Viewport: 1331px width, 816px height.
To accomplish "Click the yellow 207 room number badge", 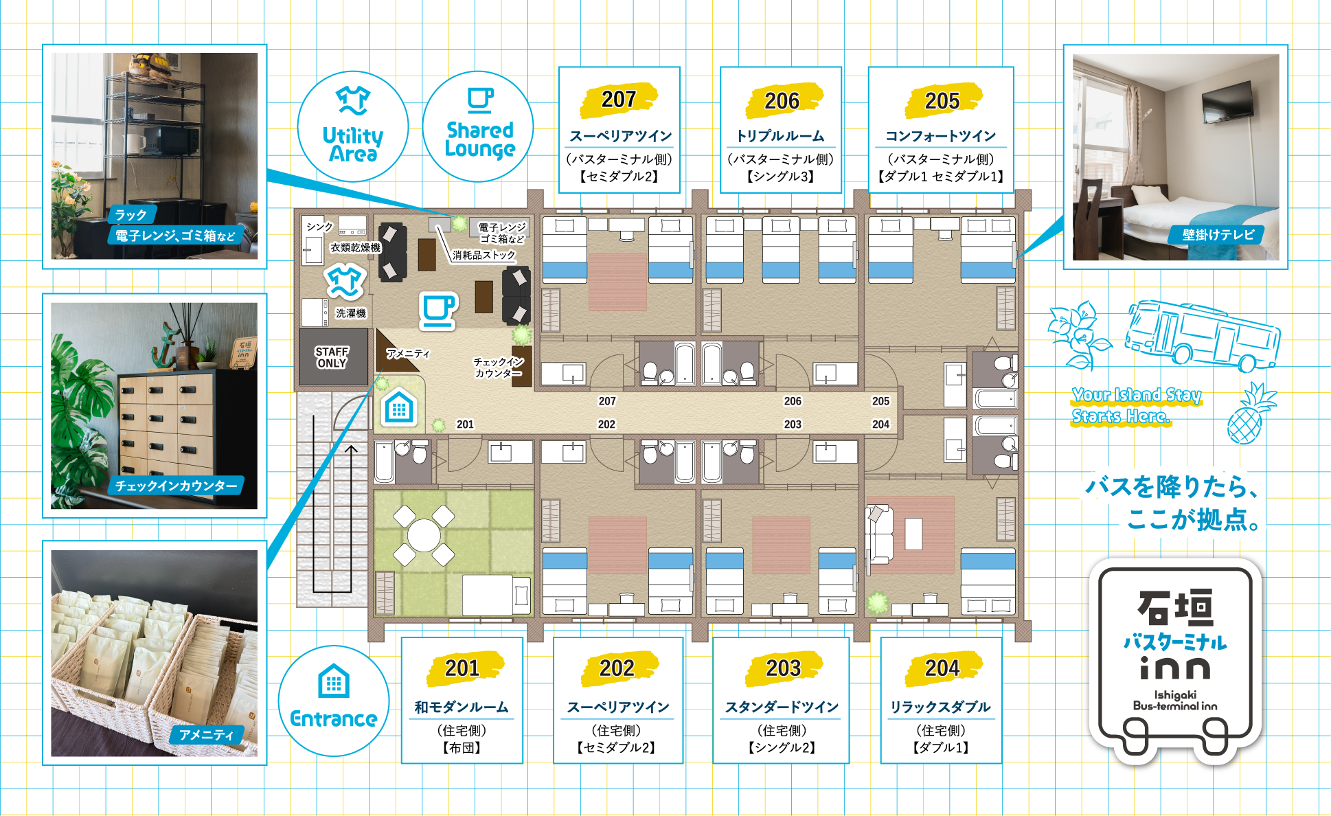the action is click(619, 100).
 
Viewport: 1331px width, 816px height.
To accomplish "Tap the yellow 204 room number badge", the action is click(942, 668).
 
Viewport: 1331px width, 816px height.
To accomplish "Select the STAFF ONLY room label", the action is click(332, 357).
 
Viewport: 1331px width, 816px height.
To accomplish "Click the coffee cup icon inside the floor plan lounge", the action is click(438, 310).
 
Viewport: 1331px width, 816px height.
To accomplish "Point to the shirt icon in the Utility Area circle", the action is click(353, 100).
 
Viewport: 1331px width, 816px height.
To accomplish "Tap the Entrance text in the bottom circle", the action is click(334, 718).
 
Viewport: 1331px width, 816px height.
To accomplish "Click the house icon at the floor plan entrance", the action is click(399, 408).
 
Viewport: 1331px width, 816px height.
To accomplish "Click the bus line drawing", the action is click(1202, 335).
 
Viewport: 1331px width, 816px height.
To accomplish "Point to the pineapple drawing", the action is click(1250, 415).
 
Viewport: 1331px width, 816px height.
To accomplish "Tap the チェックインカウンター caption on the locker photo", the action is click(176, 486).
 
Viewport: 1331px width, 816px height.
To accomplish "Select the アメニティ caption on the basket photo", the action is click(206, 735).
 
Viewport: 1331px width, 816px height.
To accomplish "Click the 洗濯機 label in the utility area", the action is click(351, 313).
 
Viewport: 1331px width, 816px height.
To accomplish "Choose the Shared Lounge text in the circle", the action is click(479, 139).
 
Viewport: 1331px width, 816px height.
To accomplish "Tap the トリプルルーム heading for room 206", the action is click(781, 136).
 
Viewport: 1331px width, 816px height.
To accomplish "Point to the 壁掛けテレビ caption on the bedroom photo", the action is click(1218, 234).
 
